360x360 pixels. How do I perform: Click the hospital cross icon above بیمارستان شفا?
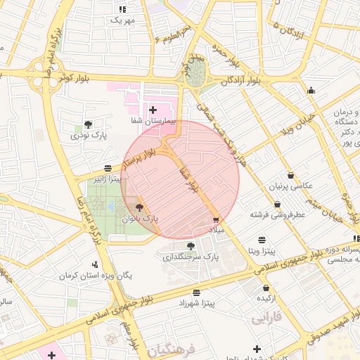pyautogui.click(x=153, y=110)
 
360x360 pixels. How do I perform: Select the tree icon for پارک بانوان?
pyautogui.click(x=139, y=207)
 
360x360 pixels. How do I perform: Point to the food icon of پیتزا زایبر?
pyautogui.click(x=107, y=168)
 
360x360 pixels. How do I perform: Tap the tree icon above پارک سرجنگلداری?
pyautogui.click(x=191, y=245)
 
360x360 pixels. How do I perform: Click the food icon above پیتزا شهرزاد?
pyautogui.click(x=195, y=291)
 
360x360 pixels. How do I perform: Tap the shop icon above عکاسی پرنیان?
pyautogui.click(x=291, y=175)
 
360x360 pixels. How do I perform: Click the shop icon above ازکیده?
pyautogui.click(x=266, y=288)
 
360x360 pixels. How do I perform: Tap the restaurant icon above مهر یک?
pyautogui.click(x=122, y=9)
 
